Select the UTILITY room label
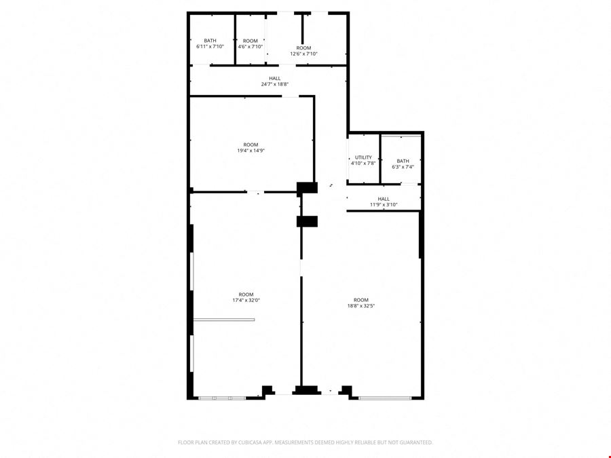pyautogui.click(x=363, y=157)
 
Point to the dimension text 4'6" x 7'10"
pyautogui.click(x=250, y=47)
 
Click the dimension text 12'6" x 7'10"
pyautogui.click(x=303, y=54)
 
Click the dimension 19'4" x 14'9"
pyautogui.click(x=251, y=151)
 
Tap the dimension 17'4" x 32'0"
pyautogui.click(x=246, y=301)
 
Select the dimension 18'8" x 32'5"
pyautogui.click(x=361, y=306)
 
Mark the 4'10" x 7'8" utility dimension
pyautogui.click(x=363, y=163)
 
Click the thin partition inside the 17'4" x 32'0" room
pyautogui.click(x=224, y=320)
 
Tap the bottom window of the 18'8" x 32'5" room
pyautogui.click(x=385, y=398)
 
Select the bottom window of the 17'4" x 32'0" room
pyautogui.click(x=222, y=398)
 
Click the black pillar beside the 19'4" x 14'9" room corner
pyautogui.click(x=307, y=188)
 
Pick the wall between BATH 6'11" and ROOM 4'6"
pyautogui.click(x=235, y=39)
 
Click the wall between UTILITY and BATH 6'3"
pyautogui.click(x=380, y=159)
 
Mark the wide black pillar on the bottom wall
pyautogui.click(x=306, y=390)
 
